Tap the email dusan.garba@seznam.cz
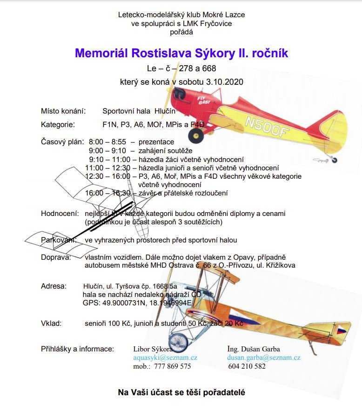[263, 357]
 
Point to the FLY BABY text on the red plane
[204, 101]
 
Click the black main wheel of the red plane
[195, 135]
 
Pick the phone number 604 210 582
[247, 366]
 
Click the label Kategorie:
[58, 125]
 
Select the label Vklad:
[51, 323]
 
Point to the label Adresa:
[54, 286]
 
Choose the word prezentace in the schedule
[156, 142]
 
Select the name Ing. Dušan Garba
[254, 349]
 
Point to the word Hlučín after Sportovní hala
[165, 111]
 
